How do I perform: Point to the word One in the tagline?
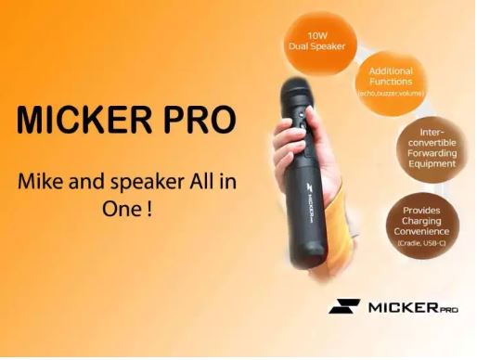[x=118, y=210]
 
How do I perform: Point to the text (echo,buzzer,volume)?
[x=391, y=93]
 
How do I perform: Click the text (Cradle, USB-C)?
[x=419, y=242]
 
